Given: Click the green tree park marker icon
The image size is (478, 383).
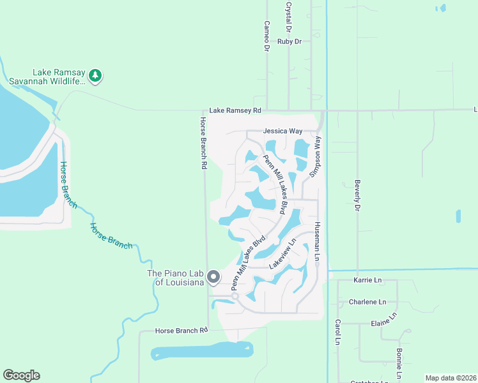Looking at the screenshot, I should [x=95, y=76].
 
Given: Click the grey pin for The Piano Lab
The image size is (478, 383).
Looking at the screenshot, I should [x=213, y=277].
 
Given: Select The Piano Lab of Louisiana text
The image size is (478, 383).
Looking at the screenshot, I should [x=176, y=278].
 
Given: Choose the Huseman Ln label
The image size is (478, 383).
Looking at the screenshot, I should [x=317, y=241].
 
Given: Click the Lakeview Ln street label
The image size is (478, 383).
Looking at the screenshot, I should [x=284, y=253].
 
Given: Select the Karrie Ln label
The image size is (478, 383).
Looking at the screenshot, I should [x=367, y=280].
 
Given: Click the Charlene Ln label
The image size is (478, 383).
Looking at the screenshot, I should [x=367, y=302].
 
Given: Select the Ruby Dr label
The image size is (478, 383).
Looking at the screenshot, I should [x=289, y=41].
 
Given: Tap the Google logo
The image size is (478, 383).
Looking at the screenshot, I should [x=21, y=375].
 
